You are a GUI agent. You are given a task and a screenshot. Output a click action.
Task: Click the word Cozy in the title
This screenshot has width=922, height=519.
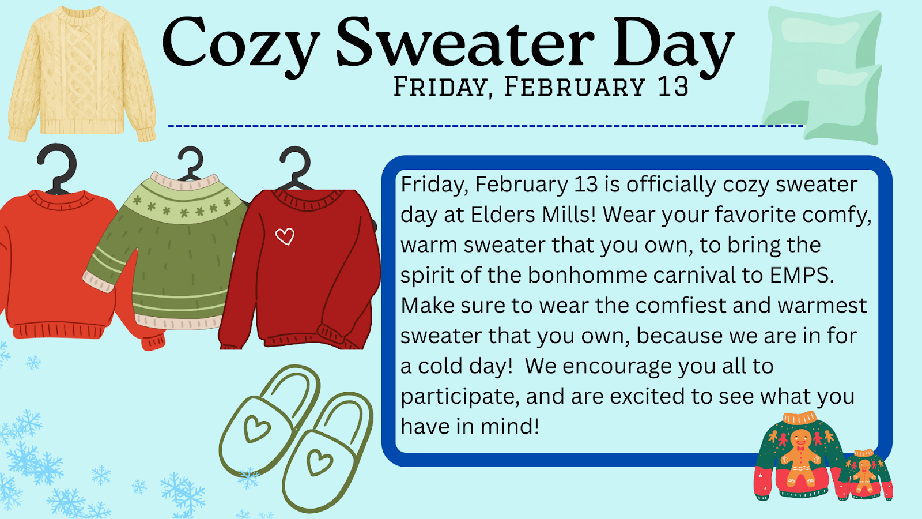[241, 46]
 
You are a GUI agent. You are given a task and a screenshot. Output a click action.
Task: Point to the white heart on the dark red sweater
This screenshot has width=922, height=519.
[285, 236]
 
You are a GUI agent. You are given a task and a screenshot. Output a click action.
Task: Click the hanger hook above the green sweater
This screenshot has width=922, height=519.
[191, 163]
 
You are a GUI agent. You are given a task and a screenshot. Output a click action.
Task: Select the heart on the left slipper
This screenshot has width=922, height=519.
[257, 428]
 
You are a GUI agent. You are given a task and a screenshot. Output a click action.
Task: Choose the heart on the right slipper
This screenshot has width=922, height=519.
[319, 462]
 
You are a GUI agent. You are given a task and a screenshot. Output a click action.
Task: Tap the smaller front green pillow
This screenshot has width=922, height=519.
[842, 104]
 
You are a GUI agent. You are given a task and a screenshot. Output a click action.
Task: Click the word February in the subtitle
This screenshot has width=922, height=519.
[575, 87]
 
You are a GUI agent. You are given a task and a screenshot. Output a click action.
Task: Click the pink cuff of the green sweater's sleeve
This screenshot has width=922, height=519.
[97, 283]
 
